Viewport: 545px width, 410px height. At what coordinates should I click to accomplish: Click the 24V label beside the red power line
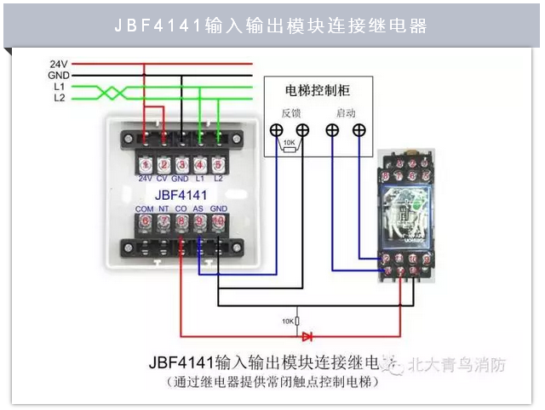pos(58,64)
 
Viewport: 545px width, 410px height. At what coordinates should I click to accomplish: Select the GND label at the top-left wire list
pos(58,75)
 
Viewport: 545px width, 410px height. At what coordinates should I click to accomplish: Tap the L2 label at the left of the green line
pos(59,98)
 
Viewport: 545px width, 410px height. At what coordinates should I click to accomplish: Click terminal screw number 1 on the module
pos(146,164)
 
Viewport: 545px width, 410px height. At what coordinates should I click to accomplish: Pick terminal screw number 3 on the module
pos(181,164)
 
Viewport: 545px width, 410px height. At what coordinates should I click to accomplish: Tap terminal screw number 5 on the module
pos(217,164)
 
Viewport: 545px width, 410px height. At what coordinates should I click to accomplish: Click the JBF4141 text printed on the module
pos(181,194)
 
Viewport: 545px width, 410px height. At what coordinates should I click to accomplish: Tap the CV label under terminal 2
pos(162,179)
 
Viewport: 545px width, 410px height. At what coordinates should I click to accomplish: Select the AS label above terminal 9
pos(198,208)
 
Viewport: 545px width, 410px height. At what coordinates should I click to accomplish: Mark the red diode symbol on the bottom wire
pos(307,336)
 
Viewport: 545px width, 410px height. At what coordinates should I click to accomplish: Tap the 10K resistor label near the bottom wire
pos(287,321)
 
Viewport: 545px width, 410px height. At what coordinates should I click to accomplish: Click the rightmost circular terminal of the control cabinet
pos(360,129)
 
